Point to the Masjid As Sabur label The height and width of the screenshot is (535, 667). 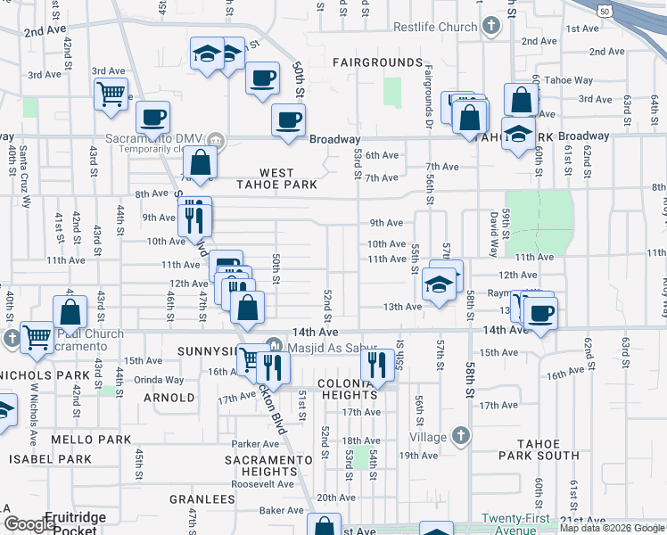pos(333,348)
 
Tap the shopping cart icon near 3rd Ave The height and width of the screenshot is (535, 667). pos(110,92)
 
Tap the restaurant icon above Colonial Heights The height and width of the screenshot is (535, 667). pos(376,363)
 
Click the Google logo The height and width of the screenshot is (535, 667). pos(29,525)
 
